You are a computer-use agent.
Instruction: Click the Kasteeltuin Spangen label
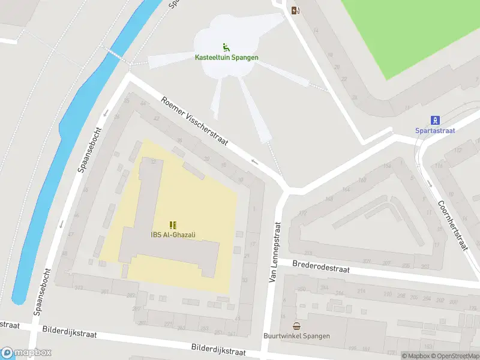(x=226, y=58)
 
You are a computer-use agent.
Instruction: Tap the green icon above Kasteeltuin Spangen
(x=226, y=47)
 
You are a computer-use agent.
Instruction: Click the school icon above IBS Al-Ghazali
(x=173, y=225)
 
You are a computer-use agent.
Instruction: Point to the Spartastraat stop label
(x=435, y=130)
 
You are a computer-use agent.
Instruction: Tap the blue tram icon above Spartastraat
(x=436, y=119)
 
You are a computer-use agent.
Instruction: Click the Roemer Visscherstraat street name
(x=195, y=121)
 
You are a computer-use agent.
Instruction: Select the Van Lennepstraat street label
(x=276, y=252)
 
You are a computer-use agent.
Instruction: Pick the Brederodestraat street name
(x=321, y=266)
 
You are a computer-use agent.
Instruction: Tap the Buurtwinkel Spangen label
(x=296, y=336)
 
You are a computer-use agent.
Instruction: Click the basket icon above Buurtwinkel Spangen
(x=296, y=326)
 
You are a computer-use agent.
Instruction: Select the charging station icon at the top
(x=295, y=10)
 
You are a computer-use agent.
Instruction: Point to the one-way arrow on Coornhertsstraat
(x=430, y=183)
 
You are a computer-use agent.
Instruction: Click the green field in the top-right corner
(x=420, y=30)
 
